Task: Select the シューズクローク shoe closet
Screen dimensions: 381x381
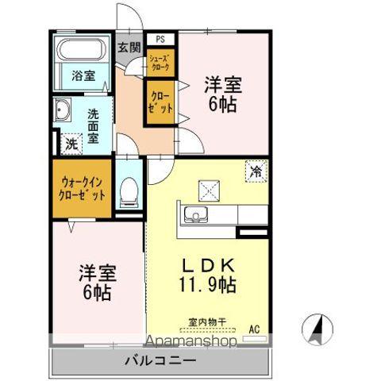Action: (159, 63)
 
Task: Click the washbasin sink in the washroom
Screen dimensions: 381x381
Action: (63, 110)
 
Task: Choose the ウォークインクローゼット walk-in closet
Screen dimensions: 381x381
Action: (82, 188)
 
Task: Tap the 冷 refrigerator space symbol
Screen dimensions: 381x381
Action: (256, 169)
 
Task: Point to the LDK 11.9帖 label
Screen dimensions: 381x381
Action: (210, 272)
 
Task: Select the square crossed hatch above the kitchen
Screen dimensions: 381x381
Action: (210, 190)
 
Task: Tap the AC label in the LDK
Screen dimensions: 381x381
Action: (255, 327)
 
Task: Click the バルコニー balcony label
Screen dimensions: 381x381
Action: (160, 361)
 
